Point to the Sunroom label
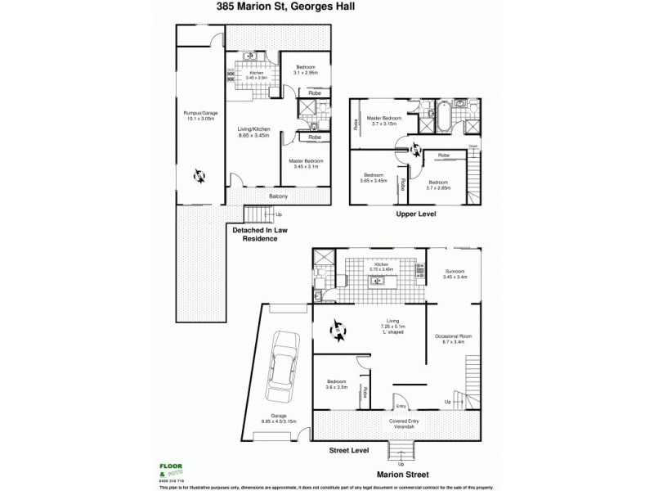[455, 275]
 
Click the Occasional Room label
[455, 340]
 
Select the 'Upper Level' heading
[416, 214]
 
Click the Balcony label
[279, 196]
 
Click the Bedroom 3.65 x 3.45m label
[374, 178]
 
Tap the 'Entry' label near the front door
[400, 406]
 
